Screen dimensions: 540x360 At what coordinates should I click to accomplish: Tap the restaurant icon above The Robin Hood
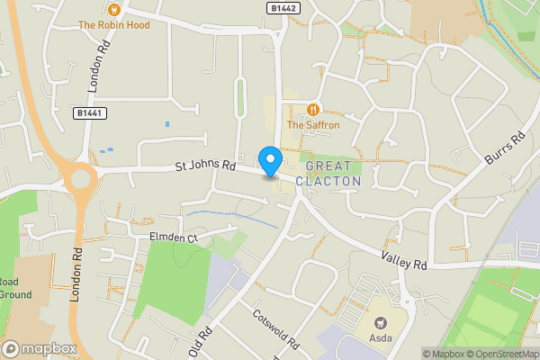tap(113, 10)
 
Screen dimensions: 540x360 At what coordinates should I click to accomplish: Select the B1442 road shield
tap(283, 7)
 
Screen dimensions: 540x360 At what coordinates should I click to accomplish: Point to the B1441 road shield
tap(88, 113)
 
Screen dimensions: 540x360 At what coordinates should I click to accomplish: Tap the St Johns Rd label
tap(204, 166)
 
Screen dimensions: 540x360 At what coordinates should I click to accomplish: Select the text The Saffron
tap(313, 125)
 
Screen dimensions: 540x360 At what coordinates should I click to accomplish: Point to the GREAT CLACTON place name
tap(333, 174)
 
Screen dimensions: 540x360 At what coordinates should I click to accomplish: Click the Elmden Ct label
tap(172, 238)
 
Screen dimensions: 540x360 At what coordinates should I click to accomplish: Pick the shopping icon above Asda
tap(380, 322)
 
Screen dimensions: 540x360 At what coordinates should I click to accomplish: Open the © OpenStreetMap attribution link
tap(498, 354)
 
